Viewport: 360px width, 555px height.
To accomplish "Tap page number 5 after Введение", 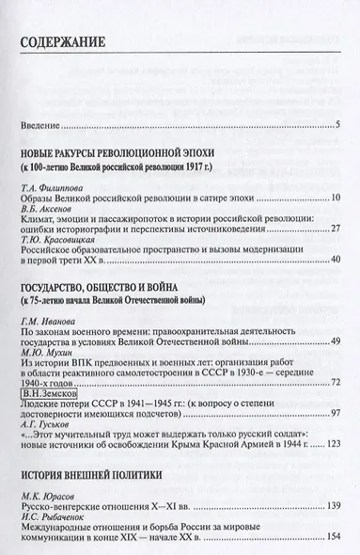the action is click(338, 124).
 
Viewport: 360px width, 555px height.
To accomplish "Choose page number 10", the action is click(336, 198).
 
